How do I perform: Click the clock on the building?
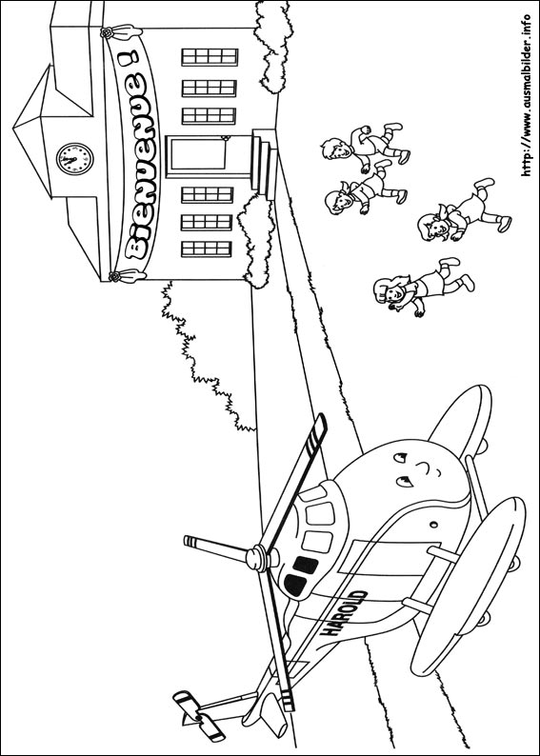[74, 159]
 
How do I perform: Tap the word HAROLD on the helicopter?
[344, 613]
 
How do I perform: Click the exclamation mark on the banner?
[128, 60]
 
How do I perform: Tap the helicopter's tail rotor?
[199, 716]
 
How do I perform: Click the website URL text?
[527, 95]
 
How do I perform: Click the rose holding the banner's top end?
[108, 32]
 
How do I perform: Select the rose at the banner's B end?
[114, 277]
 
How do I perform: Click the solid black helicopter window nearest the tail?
[294, 584]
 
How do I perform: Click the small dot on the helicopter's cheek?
[434, 524]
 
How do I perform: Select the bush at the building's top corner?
[273, 45]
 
